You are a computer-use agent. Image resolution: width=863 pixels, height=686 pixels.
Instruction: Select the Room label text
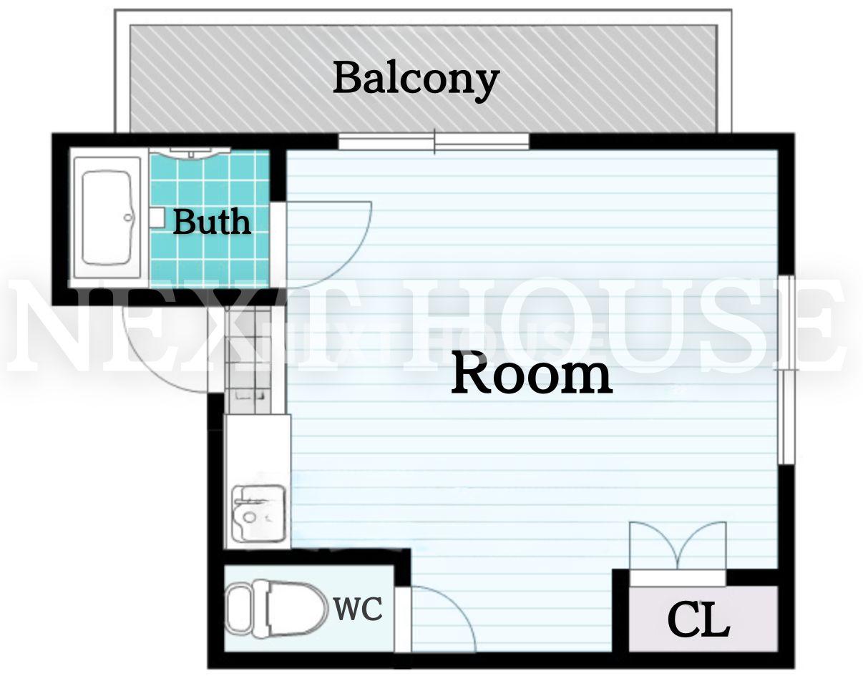(532, 373)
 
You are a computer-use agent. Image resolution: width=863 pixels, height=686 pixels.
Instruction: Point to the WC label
(358, 609)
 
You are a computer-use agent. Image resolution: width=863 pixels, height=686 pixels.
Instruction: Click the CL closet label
(698, 619)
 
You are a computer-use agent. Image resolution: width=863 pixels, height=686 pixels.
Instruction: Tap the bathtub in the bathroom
(107, 217)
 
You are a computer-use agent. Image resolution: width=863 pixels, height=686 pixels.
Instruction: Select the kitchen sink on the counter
(259, 512)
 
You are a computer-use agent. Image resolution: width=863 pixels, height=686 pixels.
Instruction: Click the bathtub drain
(128, 217)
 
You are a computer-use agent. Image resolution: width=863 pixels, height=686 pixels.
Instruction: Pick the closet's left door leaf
(654, 545)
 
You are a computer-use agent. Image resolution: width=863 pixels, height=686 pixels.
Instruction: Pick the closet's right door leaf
(702, 545)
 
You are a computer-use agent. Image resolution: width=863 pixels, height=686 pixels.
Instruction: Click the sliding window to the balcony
(434, 142)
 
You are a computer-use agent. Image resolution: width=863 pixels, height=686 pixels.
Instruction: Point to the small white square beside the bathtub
(157, 217)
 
